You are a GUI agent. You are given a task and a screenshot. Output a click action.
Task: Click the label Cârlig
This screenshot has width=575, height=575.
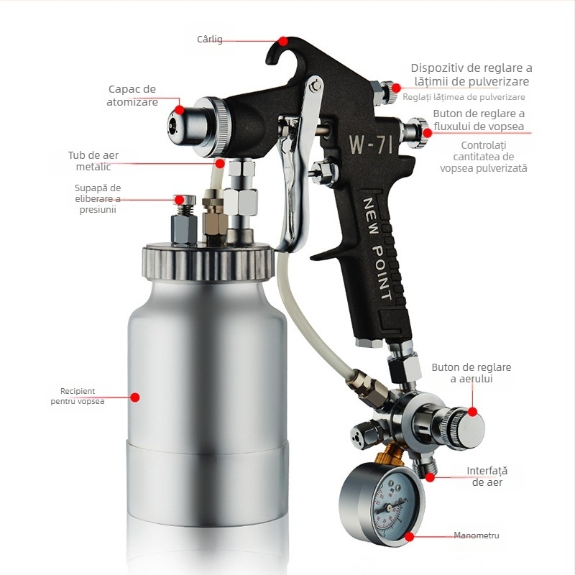click(x=209, y=39)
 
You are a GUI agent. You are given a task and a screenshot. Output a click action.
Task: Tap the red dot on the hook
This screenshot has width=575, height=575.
click(x=282, y=41)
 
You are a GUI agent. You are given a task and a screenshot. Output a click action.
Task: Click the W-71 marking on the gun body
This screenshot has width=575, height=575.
click(x=371, y=144)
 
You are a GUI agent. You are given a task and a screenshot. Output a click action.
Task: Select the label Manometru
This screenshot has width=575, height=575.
click(x=477, y=535)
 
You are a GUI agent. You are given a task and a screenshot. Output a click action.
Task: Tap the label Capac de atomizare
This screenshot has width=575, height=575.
click(x=132, y=96)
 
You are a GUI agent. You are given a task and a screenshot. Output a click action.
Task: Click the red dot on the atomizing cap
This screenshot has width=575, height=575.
click(x=179, y=110)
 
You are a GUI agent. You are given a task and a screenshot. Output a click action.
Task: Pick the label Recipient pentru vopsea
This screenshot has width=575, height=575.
click(x=78, y=396)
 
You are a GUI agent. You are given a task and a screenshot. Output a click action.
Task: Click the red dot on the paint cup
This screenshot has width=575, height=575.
click(x=135, y=397)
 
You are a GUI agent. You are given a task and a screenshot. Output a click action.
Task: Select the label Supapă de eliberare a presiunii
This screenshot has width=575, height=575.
click(x=98, y=199)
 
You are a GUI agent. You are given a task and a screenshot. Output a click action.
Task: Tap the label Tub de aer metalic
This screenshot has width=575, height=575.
click(x=93, y=161)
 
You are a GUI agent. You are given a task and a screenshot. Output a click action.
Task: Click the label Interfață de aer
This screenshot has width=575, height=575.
click(x=487, y=477)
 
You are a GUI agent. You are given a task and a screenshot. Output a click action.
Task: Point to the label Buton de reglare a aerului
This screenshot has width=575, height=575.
click(x=471, y=373)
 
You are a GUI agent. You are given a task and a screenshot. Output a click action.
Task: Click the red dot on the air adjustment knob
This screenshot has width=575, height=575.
click(x=473, y=412)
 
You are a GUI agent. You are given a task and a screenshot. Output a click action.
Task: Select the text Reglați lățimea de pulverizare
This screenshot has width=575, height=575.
click(x=464, y=97)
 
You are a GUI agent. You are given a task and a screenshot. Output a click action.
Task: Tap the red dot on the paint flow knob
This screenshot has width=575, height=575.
click(x=427, y=132)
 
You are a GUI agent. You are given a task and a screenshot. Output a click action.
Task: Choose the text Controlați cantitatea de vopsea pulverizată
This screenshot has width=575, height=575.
click(x=483, y=157)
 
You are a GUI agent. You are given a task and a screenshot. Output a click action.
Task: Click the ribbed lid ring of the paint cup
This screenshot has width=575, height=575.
click(x=208, y=263)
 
